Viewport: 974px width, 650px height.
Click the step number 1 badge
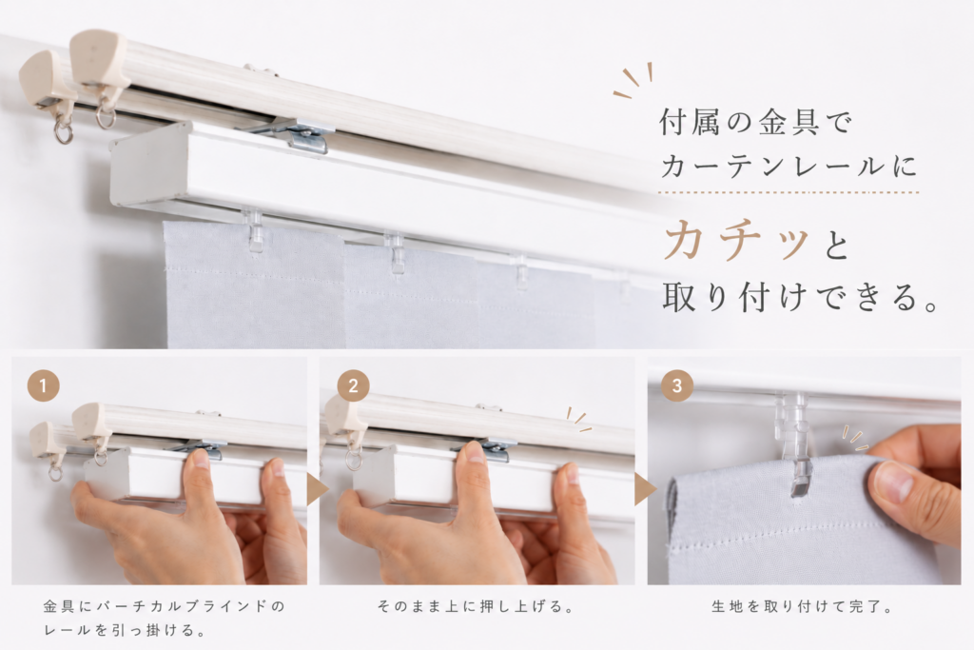click(43, 385)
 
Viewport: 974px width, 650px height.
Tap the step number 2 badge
click(353, 385)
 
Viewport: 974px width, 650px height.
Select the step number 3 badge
click(677, 385)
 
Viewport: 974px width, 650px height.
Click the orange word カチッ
click(737, 241)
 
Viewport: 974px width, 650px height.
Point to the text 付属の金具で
click(756, 122)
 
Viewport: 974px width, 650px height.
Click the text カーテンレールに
click(789, 167)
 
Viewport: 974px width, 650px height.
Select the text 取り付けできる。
click(801, 297)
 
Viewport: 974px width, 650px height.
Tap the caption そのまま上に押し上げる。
click(476, 606)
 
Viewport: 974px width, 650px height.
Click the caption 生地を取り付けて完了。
click(801, 606)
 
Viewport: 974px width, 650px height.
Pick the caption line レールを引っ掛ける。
click(125, 630)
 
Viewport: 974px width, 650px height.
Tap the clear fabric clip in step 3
click(797, 443)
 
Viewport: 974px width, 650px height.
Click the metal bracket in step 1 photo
click(200, 446)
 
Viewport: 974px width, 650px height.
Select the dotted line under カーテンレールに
click(789, 192)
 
